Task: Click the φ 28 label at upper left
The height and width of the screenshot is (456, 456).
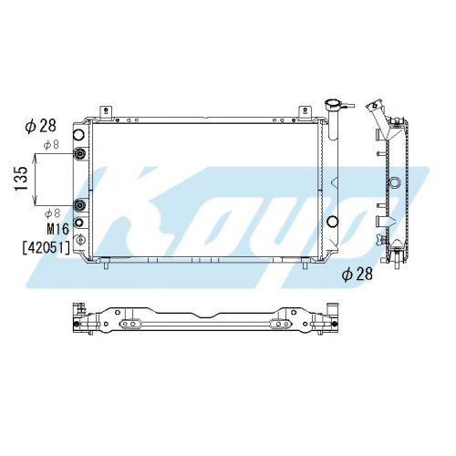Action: (x=40, y=126)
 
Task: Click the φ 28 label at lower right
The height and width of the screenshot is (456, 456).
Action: (x=357, y=275)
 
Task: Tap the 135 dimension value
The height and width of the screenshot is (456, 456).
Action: (x=22, y=179)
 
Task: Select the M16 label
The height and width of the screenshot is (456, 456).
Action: (x=57, y=229)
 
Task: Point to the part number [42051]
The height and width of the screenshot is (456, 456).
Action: (x=47, y=248)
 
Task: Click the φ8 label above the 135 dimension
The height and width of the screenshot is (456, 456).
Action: (x=51, y=145)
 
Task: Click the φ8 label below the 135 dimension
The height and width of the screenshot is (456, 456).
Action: (x=52, y=213)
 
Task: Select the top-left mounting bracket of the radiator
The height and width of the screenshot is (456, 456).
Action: (x=106, y=112)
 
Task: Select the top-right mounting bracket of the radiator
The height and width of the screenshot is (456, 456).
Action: (x=304, y=112)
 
